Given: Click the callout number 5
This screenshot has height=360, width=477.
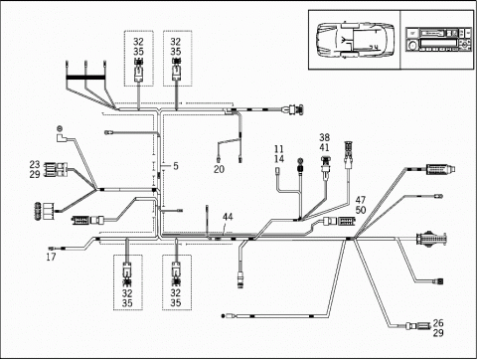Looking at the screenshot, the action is (176, 166).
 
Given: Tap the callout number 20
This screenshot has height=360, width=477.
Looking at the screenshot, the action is (219, 169).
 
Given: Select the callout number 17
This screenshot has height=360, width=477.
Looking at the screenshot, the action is (51, 257).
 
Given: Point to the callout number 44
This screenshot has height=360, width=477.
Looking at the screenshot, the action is (228, 217).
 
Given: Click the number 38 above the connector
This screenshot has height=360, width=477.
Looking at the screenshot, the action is (325, 137).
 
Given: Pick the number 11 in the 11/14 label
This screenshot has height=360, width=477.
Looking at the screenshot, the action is (279, 149).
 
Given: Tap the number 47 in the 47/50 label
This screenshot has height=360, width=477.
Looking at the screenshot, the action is (361, 200).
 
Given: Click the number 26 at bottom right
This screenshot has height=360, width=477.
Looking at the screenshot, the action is (438, 322).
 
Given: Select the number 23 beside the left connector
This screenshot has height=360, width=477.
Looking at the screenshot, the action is (35, 164).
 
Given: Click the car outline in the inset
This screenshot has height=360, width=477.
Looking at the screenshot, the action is (355, 40).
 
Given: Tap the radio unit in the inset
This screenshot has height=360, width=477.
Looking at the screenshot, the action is (438, 40).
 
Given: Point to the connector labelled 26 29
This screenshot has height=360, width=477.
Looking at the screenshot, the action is (417, 326).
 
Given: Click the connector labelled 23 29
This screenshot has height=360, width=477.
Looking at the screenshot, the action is (56, 169).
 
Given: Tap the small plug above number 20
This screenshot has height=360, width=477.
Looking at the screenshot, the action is (219, 160).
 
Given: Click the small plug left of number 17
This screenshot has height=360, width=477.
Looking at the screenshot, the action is (52, 248).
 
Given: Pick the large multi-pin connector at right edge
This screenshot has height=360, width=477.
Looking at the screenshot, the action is (431, 239).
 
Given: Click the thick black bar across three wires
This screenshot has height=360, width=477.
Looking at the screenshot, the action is (85, 79).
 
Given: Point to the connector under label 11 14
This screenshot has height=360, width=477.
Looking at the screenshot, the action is (278, 171).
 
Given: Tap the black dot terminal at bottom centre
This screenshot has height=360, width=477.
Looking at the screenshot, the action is (223, 316).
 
